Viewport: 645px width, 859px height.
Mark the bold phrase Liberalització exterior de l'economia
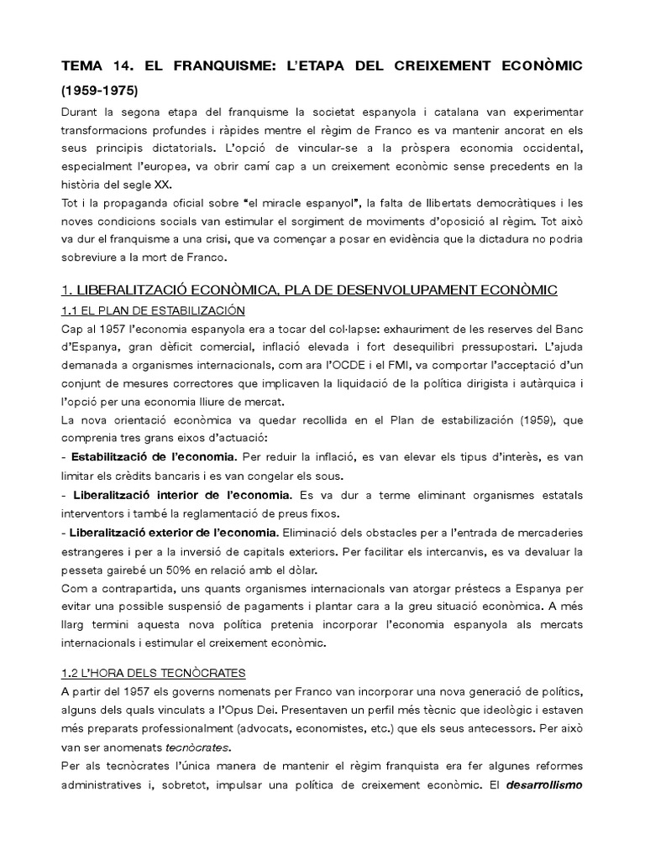(x=175, y=532)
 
